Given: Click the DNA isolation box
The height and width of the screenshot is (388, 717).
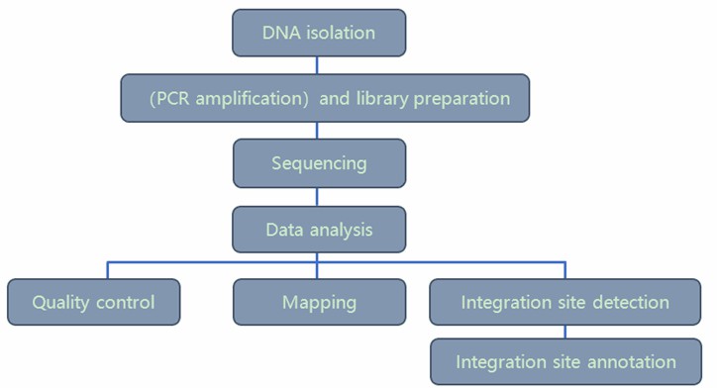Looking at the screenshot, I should (x=319, y=33).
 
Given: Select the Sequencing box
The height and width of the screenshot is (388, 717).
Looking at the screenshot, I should (x=319, y=163).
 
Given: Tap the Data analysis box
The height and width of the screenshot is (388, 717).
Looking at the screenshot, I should (x=319, y=230).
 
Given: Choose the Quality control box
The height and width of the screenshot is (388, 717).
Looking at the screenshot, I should (x=94, y=302).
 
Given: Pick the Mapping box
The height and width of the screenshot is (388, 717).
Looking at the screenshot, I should (x=319, y=302).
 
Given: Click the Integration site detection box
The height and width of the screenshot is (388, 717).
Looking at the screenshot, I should (x=565, y=302).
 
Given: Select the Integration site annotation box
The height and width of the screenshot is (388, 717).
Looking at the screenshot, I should (x=565, y=362).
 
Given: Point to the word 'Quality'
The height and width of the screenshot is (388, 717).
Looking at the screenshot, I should (x=61, y=302).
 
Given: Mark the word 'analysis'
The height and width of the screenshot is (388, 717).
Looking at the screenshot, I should (x=341, y=230).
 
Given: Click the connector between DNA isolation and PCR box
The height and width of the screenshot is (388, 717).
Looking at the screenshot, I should (x=318, y=65).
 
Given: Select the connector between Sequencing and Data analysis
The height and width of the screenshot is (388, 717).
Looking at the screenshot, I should (x=318, y=197).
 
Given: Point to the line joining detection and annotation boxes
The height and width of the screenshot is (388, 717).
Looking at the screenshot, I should (x=565, y=332).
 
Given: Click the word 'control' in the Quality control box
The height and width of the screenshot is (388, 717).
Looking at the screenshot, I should (x=125, y=302).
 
